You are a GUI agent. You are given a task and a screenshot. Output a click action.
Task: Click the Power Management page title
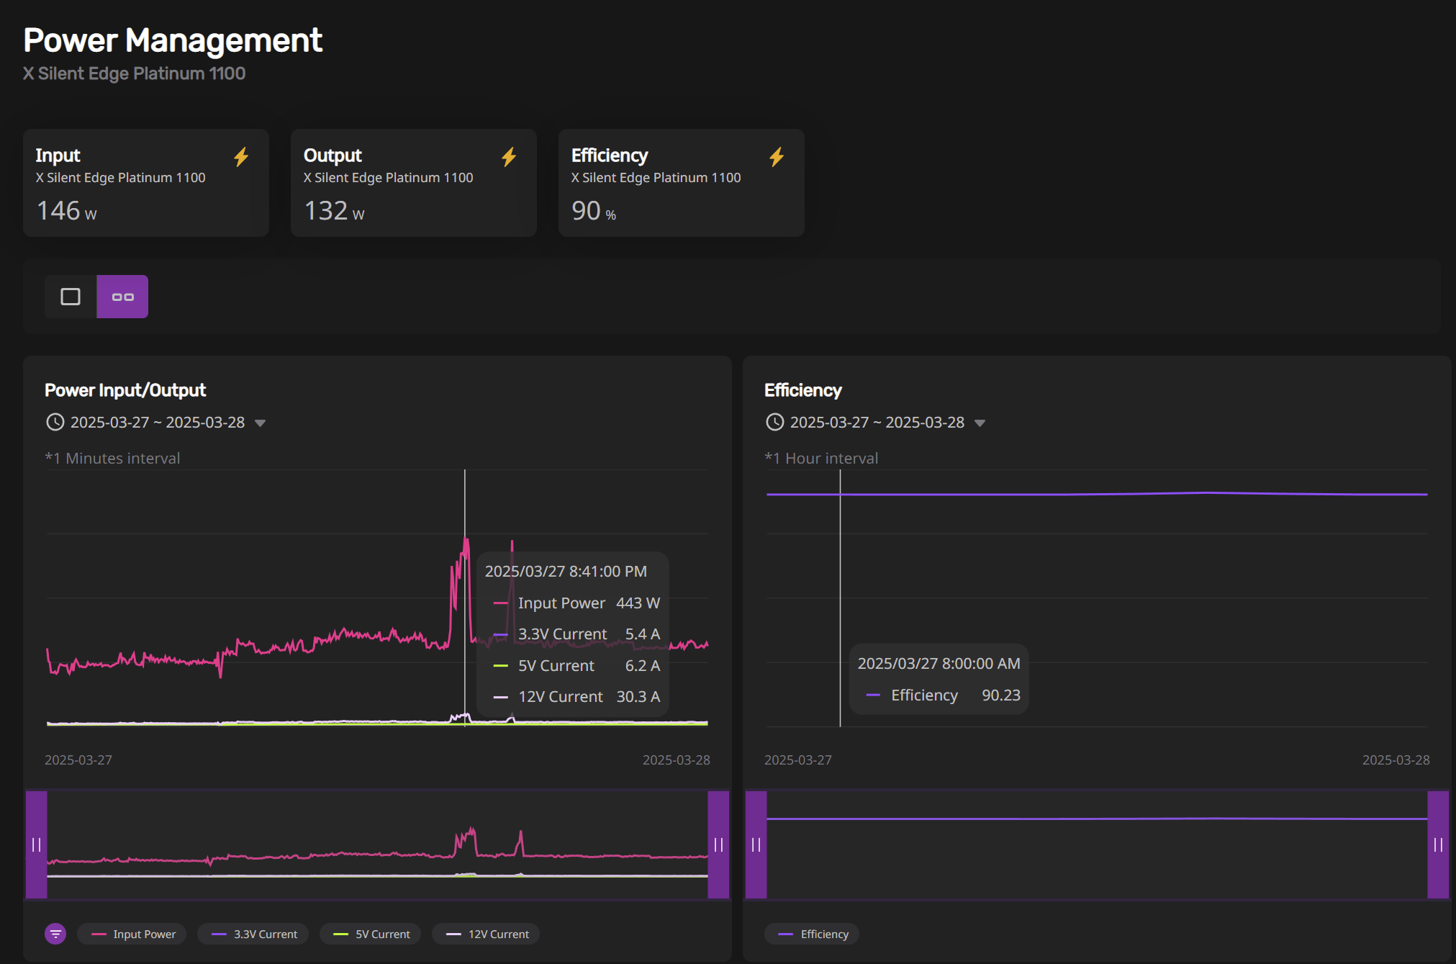point(173,40)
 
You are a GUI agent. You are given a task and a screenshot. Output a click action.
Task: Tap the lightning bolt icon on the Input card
point(241,157)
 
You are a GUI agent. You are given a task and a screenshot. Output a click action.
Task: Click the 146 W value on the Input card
point(66,211)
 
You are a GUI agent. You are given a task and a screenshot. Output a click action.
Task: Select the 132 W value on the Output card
point(334,211)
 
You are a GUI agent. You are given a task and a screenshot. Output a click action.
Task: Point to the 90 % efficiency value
point(594,211)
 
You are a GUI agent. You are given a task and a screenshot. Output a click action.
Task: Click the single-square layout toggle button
point(71,297)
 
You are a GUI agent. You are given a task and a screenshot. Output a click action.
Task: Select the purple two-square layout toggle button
point(122,297)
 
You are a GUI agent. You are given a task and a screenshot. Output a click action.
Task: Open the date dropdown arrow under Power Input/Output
point(261,423)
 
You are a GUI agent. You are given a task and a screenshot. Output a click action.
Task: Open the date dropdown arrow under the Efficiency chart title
point(980,423)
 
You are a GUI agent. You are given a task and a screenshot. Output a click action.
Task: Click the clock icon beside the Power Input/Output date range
point(55,422)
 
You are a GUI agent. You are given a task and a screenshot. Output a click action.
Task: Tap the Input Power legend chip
point(132,934)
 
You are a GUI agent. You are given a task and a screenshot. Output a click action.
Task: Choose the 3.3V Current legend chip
point(253,934)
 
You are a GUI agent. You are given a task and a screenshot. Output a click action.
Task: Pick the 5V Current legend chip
point(371,934)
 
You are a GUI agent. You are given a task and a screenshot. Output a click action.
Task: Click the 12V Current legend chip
point(487,934)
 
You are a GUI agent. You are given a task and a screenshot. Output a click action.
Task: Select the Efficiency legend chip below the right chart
point(813,934)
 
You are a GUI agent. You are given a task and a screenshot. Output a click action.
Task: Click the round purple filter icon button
point(55,934)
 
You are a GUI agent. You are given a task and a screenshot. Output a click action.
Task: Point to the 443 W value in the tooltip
point(638,603)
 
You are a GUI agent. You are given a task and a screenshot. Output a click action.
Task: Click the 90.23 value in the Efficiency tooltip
point(1001,695)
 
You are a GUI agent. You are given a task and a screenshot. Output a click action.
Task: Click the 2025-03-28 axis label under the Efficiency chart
point(1396,760)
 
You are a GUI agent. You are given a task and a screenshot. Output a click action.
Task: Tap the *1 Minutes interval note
point(112,459)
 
